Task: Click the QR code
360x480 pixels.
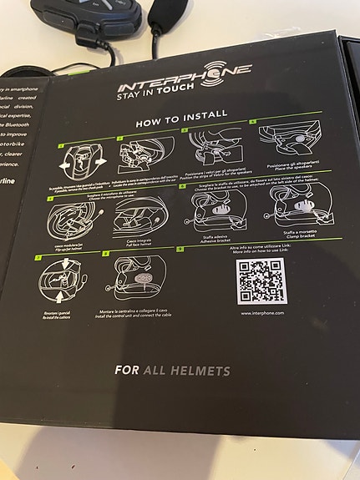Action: pos(261,280)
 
